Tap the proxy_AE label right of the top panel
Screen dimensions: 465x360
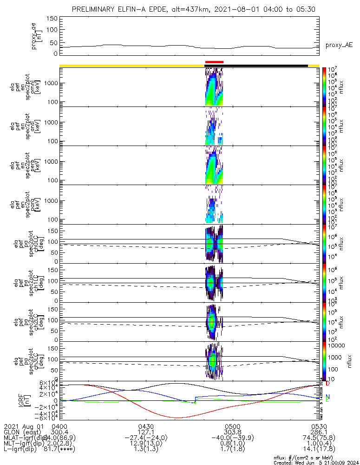click(339, 45)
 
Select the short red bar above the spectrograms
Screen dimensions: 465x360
click(214, 62)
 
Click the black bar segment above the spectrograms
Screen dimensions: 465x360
click(265, 66)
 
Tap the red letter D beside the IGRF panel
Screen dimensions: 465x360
click(327, 384)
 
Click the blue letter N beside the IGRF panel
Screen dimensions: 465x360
click(327, 397)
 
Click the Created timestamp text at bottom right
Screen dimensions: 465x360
click(316, 463)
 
